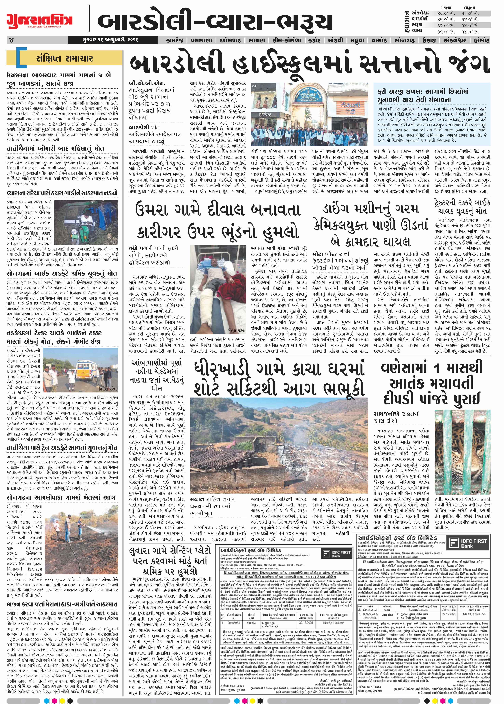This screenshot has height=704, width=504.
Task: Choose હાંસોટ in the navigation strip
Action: (479, 40)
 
